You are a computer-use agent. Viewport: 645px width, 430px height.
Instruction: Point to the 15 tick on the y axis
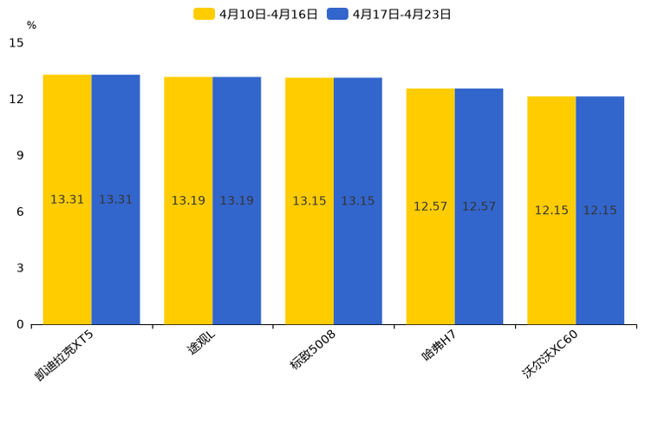point(16,42)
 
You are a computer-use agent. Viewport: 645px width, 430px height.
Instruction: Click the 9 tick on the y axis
point(20,155)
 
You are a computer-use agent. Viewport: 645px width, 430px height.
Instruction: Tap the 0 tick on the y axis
point(20,324)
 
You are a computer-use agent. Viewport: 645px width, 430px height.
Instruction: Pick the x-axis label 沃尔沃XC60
point(551,355)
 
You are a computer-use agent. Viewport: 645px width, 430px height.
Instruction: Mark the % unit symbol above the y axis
point(31,25)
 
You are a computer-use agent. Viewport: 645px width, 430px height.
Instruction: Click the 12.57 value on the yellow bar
point(430,206)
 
